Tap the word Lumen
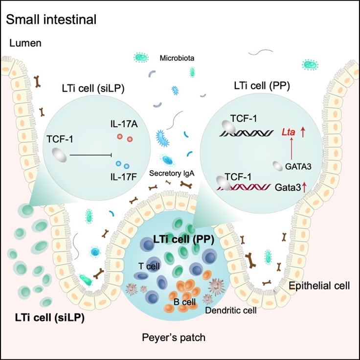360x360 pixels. point(24,44)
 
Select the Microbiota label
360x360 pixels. point(177,58)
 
